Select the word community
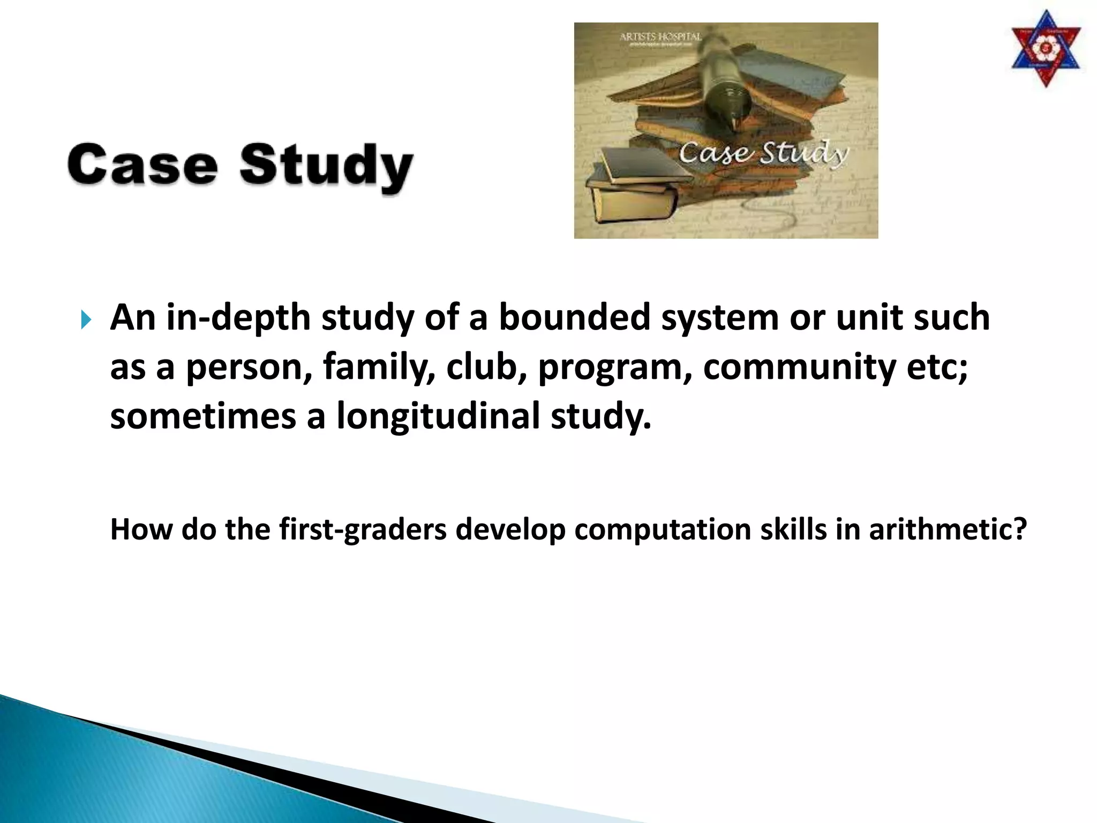coord(799,367)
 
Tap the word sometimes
coord(202,416)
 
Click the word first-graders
coord(363,529)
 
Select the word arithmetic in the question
coord(947,529)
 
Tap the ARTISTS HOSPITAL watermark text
coord(660,37)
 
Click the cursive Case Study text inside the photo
coord(763,154)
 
